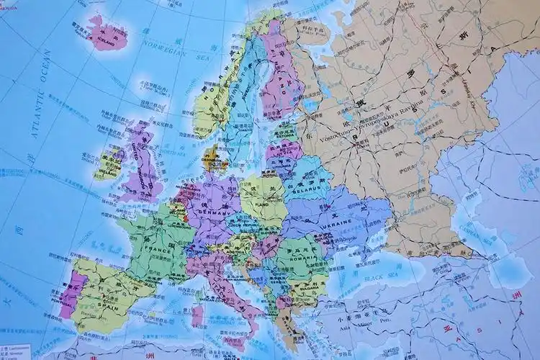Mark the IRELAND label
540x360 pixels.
click(109, 174)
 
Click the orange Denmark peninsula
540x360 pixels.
click(211, 157)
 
